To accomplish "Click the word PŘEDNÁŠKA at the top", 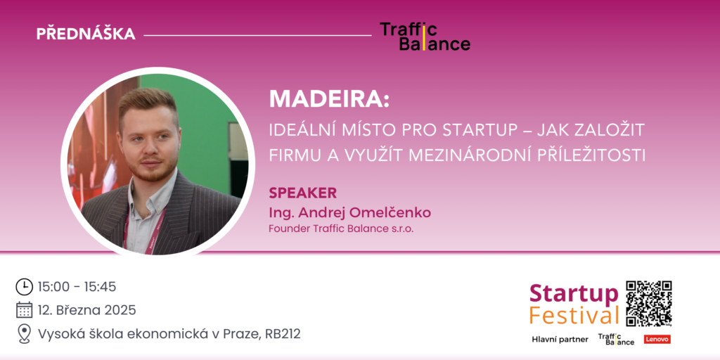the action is pyautogui.click(x=86, y=34).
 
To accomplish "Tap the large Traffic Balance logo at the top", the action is pyautogui.click(x=425, y=37).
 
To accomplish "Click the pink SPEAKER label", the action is pyautogui.click(x=302, y=193).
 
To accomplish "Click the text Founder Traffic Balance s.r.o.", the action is pyautogui.click(x=341, y=229).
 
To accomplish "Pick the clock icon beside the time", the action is pyautogui.click(x=25, y=287).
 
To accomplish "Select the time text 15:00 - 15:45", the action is pyautogui.click(x=77, y=287).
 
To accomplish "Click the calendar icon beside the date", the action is pyautogui.click(x=25, y=310).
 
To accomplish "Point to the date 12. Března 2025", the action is pyautogui.click(x=86, y=310).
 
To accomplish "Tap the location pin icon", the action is pyautogui.click(x=25, y=334).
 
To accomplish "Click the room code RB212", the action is pyautogui.click(x=283, y=334).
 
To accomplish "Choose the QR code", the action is pyautogui.click(x=649, y=304).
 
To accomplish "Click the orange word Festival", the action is pyautogui.click(x=574, y=316).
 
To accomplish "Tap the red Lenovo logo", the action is pyautogui.click(x=657, y=340).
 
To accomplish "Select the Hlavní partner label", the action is pyautogui.click(x=560, y=340).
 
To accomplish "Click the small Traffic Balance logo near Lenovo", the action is pyautogui.click(x=616, y=340).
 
